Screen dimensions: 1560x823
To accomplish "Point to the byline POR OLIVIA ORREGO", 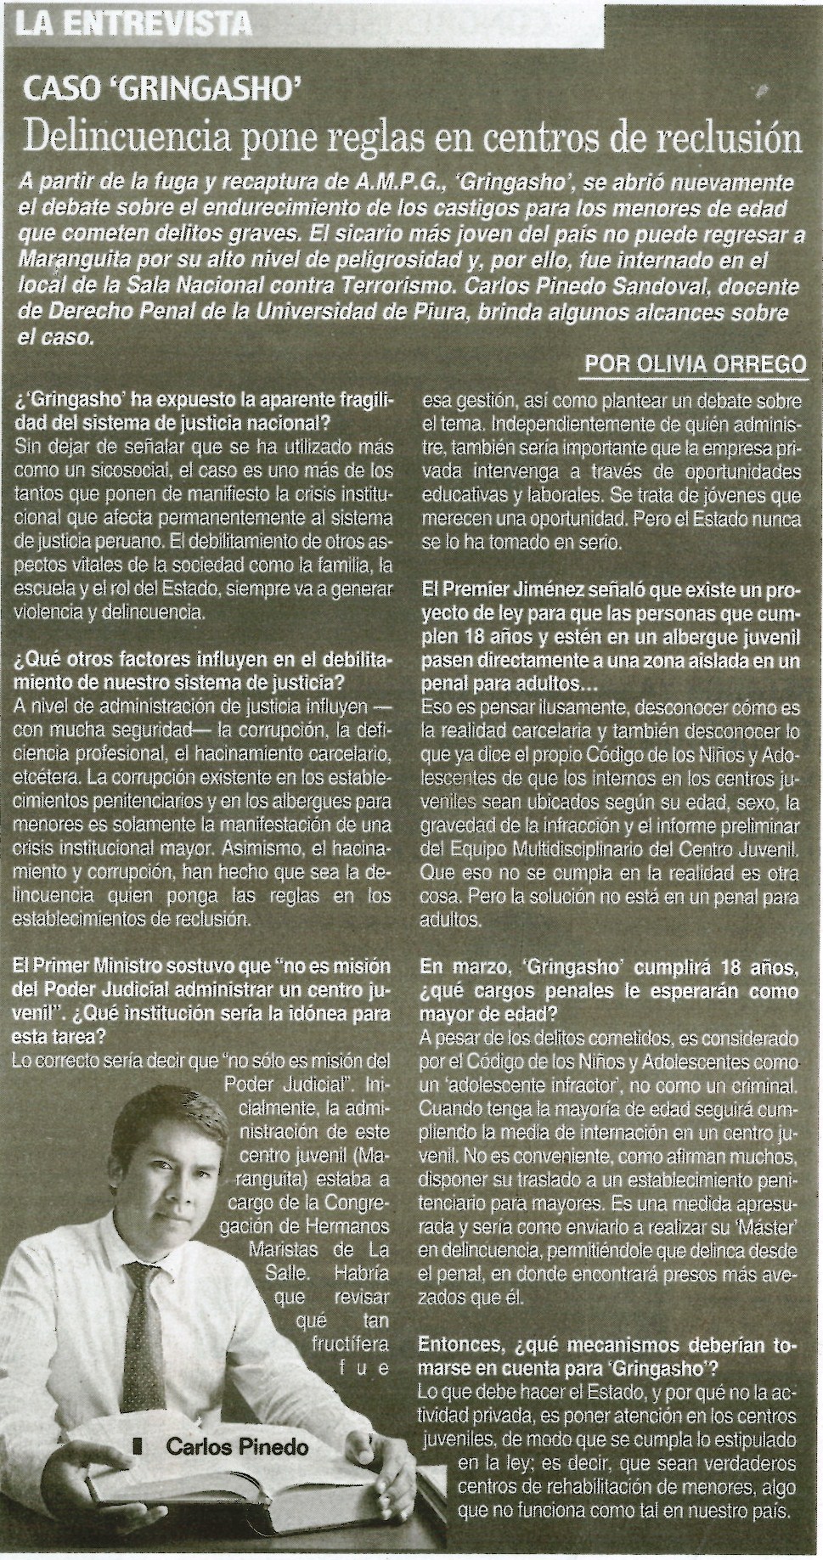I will point(696,364).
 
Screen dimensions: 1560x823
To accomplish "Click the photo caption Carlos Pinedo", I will point(237,1446).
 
